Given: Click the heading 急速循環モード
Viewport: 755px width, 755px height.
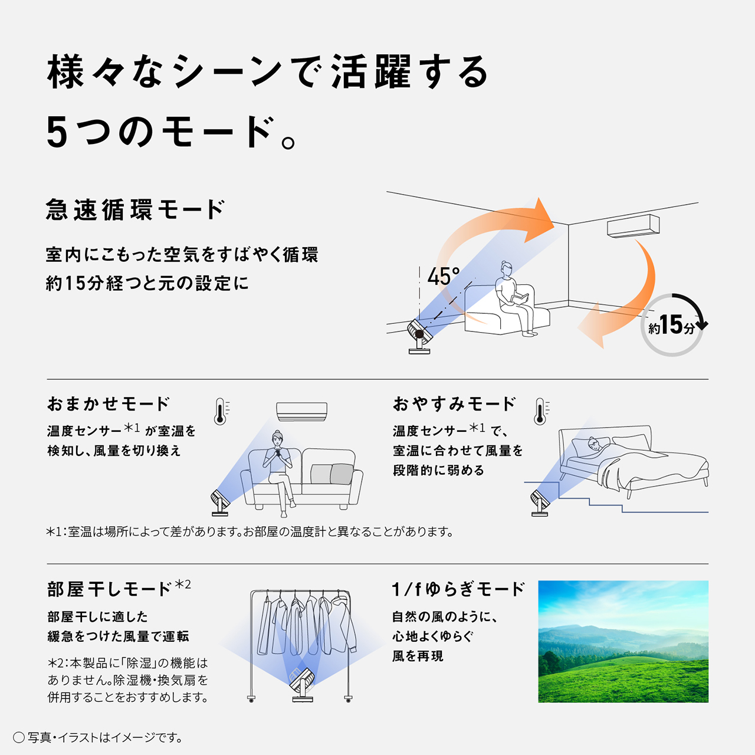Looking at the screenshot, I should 135,210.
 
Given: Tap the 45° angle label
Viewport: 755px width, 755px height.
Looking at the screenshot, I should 443,277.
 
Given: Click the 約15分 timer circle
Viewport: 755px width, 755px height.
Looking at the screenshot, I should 672,325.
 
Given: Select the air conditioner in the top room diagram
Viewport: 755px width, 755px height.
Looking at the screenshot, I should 633,226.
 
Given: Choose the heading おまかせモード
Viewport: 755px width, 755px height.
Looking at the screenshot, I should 109,404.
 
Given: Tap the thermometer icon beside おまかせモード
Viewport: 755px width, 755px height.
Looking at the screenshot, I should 221,411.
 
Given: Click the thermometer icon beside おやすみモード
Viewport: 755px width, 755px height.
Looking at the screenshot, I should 540,411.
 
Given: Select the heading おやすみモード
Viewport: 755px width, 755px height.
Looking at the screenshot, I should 454,404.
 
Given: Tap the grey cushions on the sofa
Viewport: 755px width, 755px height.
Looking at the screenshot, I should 331,474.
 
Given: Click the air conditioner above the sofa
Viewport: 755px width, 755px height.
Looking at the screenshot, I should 301,412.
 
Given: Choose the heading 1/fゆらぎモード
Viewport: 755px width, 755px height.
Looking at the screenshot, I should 458,589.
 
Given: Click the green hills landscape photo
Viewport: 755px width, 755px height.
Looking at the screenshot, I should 623,641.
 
